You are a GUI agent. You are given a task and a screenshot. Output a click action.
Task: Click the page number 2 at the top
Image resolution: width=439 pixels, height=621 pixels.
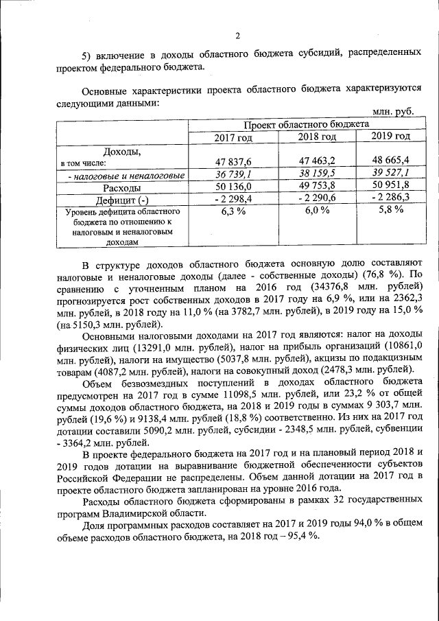(237, 36)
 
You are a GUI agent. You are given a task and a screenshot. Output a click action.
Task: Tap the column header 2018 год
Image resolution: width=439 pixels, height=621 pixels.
(317, 137)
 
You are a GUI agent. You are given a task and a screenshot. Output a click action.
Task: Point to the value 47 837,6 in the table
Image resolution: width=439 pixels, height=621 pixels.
(235, 162)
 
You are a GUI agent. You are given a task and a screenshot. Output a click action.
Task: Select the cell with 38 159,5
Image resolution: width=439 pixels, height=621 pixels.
(316, 174)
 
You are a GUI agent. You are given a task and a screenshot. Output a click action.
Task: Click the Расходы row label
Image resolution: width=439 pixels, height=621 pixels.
(122, 187)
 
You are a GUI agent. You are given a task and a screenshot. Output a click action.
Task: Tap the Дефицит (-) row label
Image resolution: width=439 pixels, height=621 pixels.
(122, 200)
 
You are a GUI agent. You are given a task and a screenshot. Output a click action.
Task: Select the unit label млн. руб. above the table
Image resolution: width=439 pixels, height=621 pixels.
(392, 111)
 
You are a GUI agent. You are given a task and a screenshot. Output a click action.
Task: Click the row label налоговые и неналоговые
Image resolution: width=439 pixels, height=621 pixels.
(127, 176)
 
